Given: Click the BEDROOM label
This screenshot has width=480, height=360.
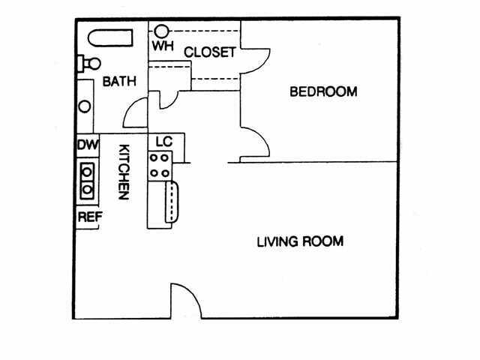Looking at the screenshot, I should tap(323, 92).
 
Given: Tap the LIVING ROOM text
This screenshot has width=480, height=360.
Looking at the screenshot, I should tap(300, 241).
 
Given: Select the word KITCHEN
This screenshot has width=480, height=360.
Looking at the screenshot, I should tap(124, 172).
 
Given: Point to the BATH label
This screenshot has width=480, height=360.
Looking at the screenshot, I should tap(119, 81).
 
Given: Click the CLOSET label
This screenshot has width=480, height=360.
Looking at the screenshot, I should tap(210, 52).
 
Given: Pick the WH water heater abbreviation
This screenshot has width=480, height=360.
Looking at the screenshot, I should tap(163, 46).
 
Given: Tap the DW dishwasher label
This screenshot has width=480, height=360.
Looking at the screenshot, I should tap(86, 145).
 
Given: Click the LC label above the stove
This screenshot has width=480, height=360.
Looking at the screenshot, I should tap(164, 142).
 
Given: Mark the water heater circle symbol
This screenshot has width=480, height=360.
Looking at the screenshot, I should tap(162, 31).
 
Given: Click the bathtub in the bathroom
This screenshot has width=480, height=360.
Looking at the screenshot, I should tap(110, 37).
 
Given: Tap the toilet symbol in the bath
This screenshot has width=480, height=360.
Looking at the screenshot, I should tap(88, 64).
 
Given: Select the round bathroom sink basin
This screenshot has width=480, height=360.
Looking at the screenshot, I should tap(85, 106).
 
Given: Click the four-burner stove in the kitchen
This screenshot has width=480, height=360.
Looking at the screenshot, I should tap(159, 165).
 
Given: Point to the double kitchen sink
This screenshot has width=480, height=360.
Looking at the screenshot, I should tap(88, 181).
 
